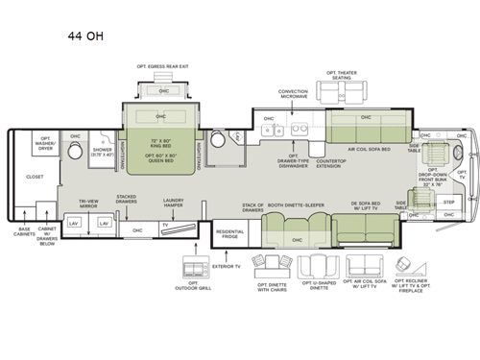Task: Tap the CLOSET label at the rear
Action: click(36, 177)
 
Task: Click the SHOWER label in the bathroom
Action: click(102, 151)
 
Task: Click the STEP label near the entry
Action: click(448, 203)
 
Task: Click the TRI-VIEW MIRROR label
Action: click(90, 204)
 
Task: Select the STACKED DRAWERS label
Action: click(127, 199)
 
